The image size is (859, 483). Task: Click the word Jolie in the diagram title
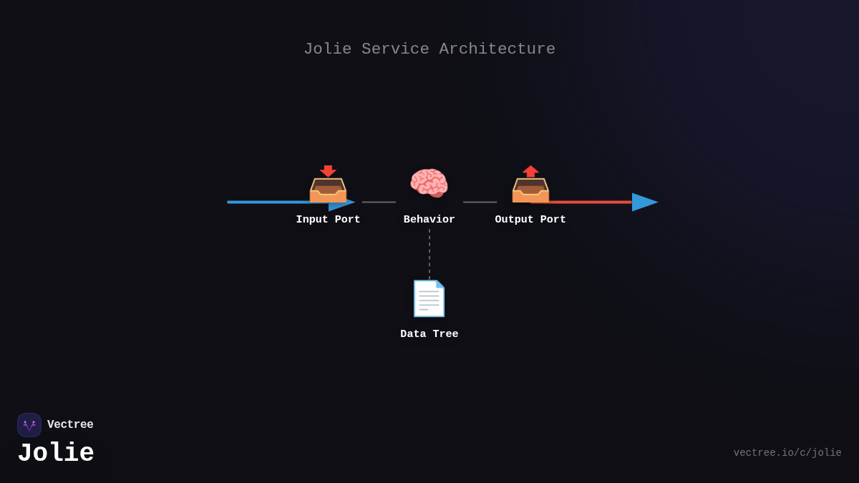[327, 49]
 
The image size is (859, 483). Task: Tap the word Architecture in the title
[497, 49]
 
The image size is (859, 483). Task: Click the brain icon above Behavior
[429, 183]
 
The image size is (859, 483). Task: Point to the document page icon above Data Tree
[429, 298]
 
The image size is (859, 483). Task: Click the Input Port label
[328, 220]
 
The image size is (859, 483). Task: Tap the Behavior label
[429, 220]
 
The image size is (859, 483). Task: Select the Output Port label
[530, 220]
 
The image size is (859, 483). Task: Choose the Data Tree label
[429, 334]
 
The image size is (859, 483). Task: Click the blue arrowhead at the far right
[644, 202]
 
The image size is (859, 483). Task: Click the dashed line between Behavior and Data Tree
[429, 254]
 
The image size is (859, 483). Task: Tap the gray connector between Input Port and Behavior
[379, 202]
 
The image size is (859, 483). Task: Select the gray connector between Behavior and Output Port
[480, 202]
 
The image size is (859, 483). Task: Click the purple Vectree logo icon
[29, 425]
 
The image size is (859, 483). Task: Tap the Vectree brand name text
[70, 425]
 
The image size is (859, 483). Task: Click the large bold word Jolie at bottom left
[56, 453]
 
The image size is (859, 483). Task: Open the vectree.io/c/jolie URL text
[787, 453]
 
